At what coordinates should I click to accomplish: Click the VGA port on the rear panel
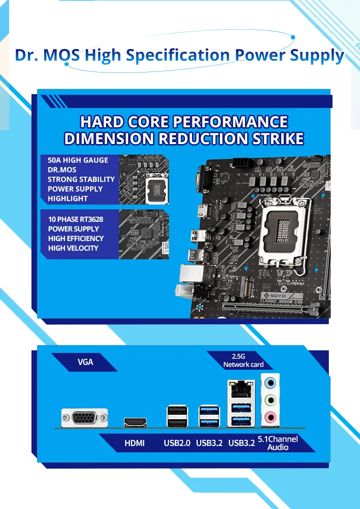pos(85,418)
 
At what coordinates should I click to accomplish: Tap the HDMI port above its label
pos(135,423)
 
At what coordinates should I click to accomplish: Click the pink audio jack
pos(270,416)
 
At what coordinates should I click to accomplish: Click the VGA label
pos(85,362)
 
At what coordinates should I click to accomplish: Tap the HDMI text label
pos(135,443)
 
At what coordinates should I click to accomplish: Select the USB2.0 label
pos(177,443)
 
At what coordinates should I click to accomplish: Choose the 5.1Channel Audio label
pos(277,443)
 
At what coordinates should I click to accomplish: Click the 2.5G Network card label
pos(243,361)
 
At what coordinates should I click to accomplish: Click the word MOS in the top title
pos(61,55)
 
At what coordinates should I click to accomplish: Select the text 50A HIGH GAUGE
pos(78,160)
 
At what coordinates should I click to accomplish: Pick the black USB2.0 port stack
pos(177,416)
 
